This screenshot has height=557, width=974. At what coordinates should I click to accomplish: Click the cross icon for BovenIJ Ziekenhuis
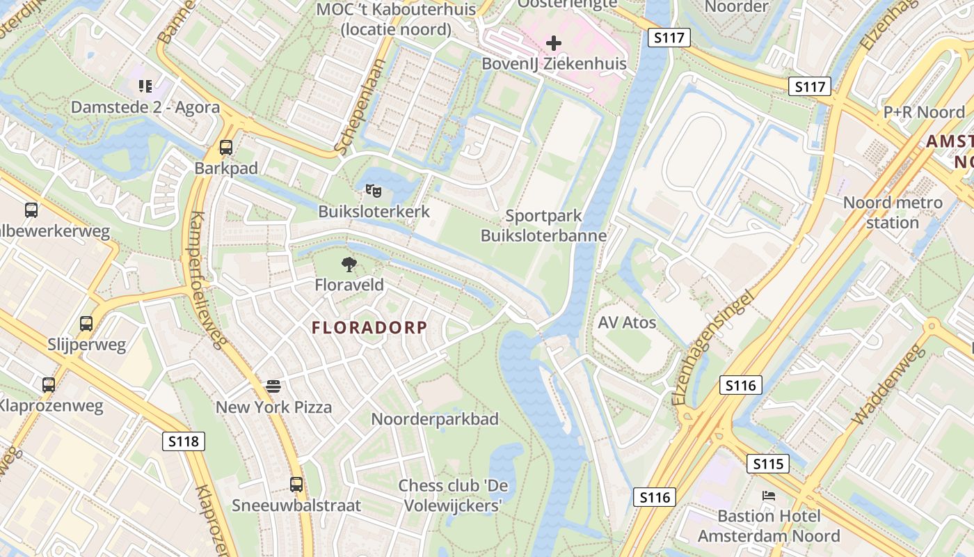(554, 44)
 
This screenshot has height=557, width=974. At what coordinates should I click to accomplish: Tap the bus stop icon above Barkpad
(226, 148)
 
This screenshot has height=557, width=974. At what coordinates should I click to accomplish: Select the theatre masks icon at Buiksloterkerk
(374, 190)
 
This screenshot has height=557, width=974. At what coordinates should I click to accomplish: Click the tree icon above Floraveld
(349, 264)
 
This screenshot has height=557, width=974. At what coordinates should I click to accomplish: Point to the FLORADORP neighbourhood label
(369, 327)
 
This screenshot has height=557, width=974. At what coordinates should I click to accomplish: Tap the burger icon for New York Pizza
(273, 386)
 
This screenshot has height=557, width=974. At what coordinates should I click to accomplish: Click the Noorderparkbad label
(435, 419)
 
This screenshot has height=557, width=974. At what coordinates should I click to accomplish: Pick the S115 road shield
(768, 464)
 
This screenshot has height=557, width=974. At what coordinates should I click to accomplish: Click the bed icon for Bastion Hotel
(769, 496)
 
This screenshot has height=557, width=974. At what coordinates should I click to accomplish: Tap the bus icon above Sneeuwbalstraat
(296, 484)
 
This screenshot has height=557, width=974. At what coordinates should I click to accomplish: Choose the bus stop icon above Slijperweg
(86, 324)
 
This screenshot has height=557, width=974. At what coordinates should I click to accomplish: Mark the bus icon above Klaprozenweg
(49, 384)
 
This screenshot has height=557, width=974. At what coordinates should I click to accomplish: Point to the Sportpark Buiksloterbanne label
(544, 226)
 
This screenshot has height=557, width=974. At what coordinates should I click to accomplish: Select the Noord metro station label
(893, 212)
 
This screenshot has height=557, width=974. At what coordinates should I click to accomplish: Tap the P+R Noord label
(924, 112)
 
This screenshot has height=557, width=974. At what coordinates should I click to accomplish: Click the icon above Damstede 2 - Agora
(145, 86)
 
